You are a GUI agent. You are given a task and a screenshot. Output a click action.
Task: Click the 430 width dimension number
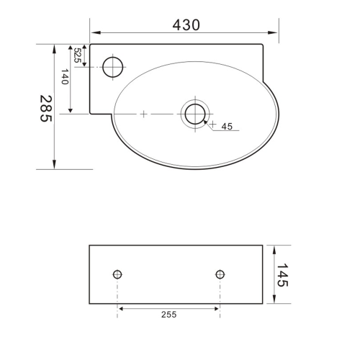tap(186, 25)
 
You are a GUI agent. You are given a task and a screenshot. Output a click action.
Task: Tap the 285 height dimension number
tap(46, 109)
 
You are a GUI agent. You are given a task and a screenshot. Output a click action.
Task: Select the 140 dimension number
tap(65, 77)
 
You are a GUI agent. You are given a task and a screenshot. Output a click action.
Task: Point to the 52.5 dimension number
tap(77, 55)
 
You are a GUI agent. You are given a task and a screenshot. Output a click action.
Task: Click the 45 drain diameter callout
tap(227, 126)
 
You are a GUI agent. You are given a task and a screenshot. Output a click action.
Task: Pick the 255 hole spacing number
tap(168, 315)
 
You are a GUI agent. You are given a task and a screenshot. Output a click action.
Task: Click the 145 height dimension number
tap(282, 275)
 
